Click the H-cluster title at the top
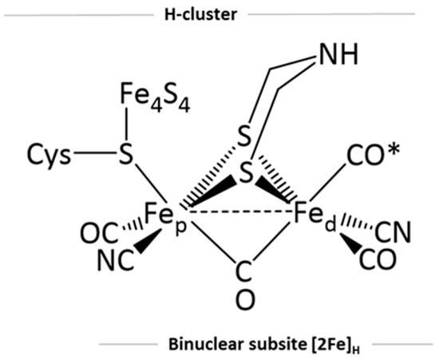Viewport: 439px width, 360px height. [219, 14]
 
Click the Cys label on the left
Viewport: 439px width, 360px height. [46, 154]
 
